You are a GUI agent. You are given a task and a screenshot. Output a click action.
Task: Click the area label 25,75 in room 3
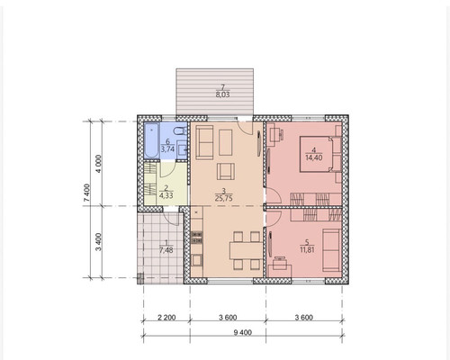point(224,198)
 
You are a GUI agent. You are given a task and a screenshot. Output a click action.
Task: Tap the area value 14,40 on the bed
point(314,157)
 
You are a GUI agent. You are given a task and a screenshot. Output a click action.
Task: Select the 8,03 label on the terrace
point(223,95)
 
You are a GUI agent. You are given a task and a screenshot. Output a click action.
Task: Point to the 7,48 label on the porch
point(166,250)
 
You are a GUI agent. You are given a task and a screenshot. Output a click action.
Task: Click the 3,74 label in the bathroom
point(167,149)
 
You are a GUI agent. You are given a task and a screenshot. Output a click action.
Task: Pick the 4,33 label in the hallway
point(166,196)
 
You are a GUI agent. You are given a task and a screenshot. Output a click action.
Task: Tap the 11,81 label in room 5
point(307,249)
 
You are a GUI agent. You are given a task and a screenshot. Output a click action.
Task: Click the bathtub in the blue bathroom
point(152,141)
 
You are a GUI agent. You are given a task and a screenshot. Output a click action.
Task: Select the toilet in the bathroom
point(181,131)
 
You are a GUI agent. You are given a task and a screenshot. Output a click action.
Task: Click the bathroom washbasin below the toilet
point(182,148)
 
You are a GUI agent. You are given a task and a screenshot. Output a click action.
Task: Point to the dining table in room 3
point(246,250)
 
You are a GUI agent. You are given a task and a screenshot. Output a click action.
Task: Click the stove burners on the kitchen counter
point(196,237)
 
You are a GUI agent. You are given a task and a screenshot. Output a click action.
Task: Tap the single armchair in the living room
point(226,171)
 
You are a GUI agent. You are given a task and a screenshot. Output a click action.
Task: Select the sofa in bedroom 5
point(331,250)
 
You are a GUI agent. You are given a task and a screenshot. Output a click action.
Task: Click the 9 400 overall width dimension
point(242,332)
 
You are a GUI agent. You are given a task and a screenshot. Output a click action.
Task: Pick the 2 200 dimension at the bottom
point(166,318)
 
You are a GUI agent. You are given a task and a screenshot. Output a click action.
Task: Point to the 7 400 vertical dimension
point(86,193)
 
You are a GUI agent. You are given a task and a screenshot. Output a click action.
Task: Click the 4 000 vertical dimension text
point(99,164)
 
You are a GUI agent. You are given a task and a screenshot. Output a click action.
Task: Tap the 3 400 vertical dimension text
point(99,242)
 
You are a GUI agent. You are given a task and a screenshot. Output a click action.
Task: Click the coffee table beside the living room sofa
point(226,142)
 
